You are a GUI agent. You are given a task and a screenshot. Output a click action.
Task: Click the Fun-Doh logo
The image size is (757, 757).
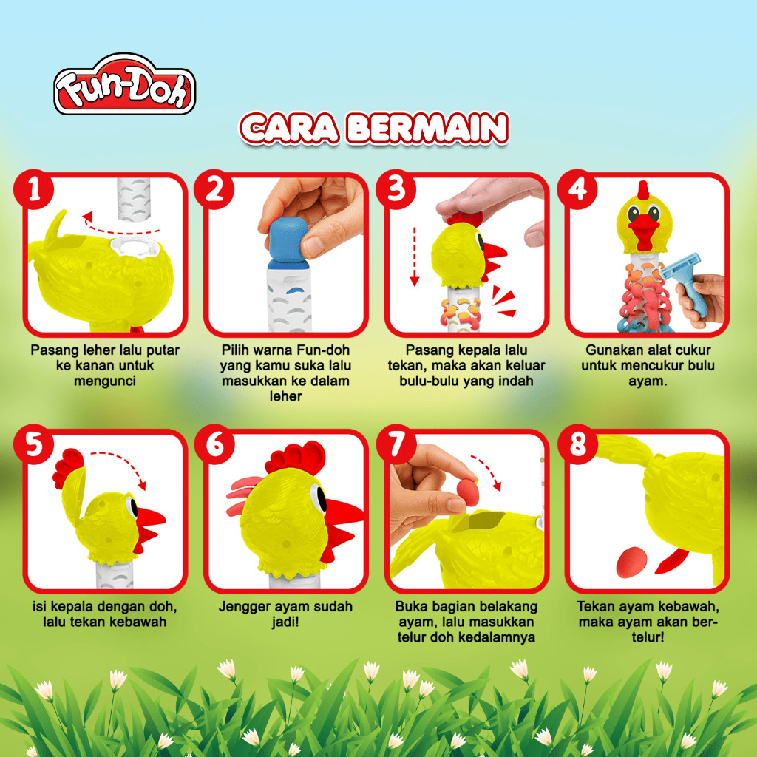124,84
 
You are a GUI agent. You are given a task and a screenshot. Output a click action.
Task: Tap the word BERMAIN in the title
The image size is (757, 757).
428,129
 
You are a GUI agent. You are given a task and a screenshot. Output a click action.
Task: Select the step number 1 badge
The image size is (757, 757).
34,189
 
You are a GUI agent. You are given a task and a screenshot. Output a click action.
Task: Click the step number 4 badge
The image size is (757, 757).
577,189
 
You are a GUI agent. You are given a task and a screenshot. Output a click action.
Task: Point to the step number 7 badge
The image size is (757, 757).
396,444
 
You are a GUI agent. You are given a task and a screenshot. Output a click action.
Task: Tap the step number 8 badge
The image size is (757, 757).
578,444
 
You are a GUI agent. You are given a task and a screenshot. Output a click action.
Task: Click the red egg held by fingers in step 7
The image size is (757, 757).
468,493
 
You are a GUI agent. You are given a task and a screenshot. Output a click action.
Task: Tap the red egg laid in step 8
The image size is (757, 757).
631,563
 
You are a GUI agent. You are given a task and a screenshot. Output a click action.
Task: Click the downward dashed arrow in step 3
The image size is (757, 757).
414,257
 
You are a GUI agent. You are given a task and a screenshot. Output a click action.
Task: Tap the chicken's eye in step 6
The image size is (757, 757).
318,497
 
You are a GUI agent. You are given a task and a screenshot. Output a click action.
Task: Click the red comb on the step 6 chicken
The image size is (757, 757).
296,457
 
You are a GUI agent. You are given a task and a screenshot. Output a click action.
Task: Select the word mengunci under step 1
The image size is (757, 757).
105,381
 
